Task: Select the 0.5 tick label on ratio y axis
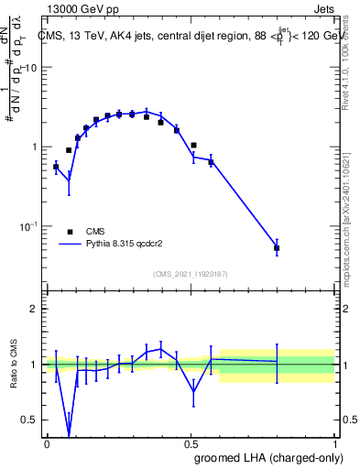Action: click(31, 420)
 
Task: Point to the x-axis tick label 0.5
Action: click(191, 443)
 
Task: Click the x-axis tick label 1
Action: click(336, 443)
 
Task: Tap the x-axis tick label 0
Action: click(47, 443)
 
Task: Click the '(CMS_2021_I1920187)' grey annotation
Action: click(191, 273)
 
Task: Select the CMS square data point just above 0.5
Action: click(194, 145)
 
